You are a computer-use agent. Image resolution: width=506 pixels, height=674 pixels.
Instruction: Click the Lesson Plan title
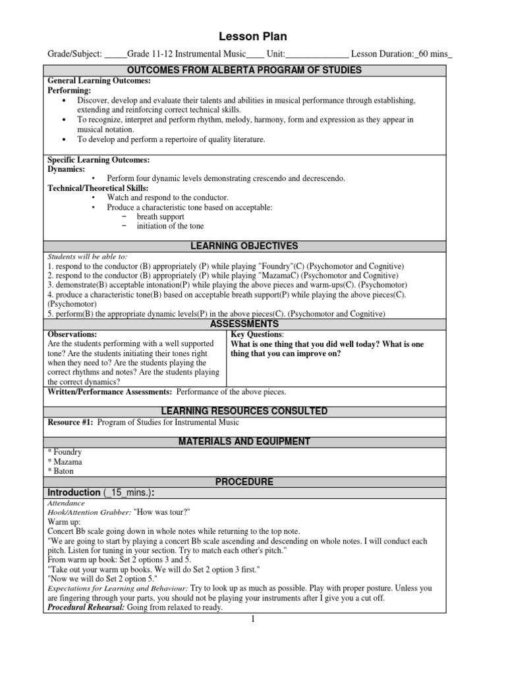click(x=253, y=37)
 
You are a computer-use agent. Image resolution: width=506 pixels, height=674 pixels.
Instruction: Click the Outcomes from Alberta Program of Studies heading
click(x=253, y=70)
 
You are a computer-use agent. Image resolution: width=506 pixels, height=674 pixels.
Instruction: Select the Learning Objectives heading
click(x=253, y=246)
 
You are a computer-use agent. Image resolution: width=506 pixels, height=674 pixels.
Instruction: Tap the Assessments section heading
click(x=253, y=324)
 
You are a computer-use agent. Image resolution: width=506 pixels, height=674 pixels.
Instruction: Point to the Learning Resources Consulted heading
click(x=253, y=411)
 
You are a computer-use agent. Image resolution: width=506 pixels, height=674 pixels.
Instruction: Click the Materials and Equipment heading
click(x=253, y=441)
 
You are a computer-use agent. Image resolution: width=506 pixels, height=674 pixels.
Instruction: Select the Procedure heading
click(x=253, y=482)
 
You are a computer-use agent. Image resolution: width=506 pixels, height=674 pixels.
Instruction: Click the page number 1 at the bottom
click(x=253, y=619)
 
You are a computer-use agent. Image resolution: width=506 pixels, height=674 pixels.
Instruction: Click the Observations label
click(x=72, y=334)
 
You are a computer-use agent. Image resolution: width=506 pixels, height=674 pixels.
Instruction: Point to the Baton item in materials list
click(x=61, y=471)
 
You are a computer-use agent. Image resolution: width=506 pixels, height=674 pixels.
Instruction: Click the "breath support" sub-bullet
click(x=161, y=216)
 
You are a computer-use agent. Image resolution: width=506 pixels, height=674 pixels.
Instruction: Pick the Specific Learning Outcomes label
click(x=99, y=160)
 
